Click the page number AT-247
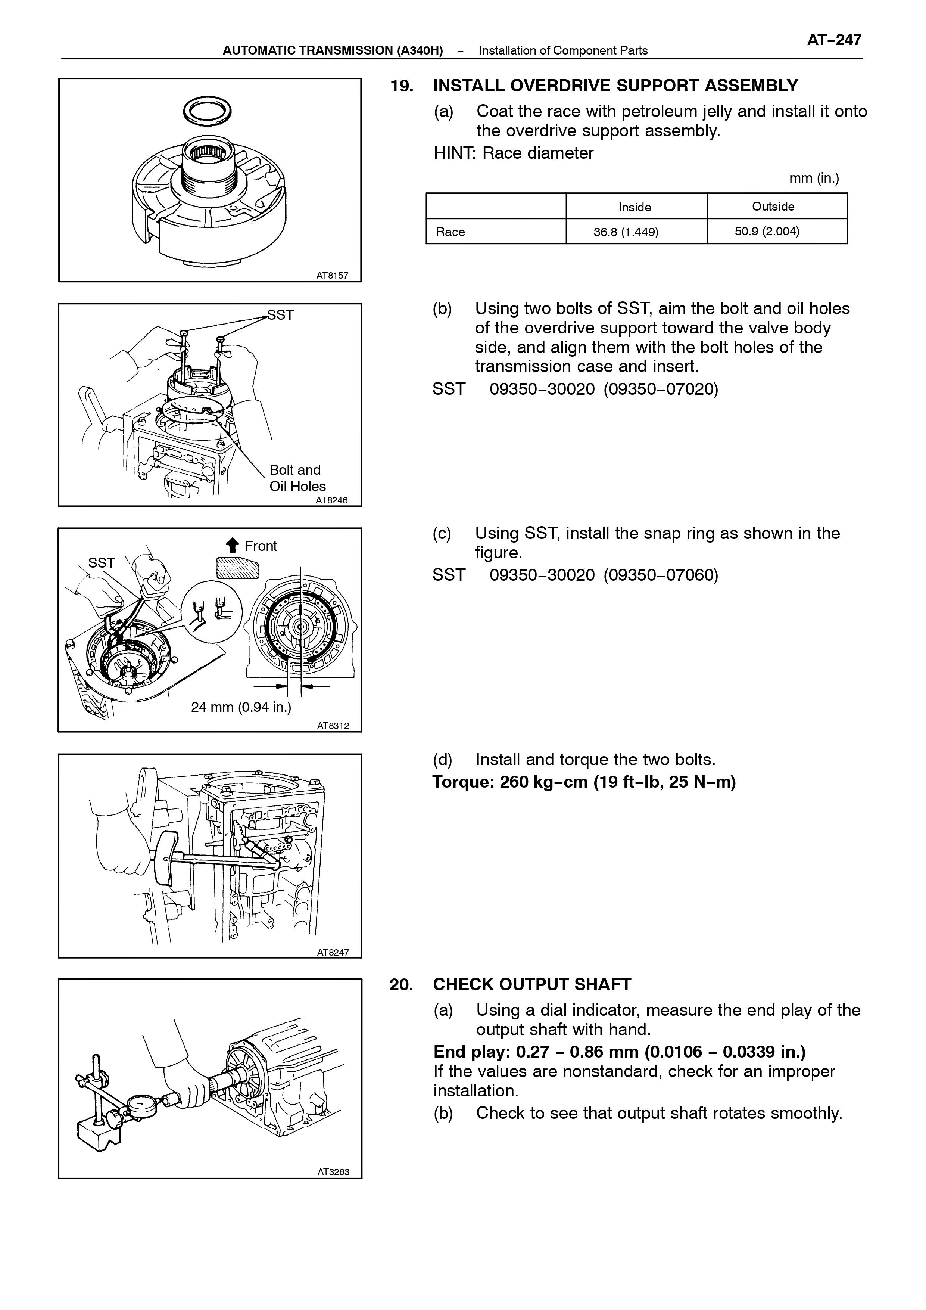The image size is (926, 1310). [x=834, y=40]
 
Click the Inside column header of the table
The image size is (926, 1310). [x=635, y=207]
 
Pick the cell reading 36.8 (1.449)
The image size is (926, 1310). [x=626, y=232]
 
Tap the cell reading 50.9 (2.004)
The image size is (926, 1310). [x=767, y=231]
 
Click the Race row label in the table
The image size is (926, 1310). [x=450, y=232]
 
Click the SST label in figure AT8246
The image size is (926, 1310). [x=281, y=315]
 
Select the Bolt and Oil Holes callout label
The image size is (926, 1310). [x=297, y=478]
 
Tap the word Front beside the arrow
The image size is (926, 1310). [x=261, y=546]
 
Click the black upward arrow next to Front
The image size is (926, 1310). [x=233, y=546]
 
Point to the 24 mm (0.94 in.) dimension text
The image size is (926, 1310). [x=241, y=708]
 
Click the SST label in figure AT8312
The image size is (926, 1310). [x=102, y=562]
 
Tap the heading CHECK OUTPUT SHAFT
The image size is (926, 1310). [x=532, y=985]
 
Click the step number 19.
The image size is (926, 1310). [x=402, y=86]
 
